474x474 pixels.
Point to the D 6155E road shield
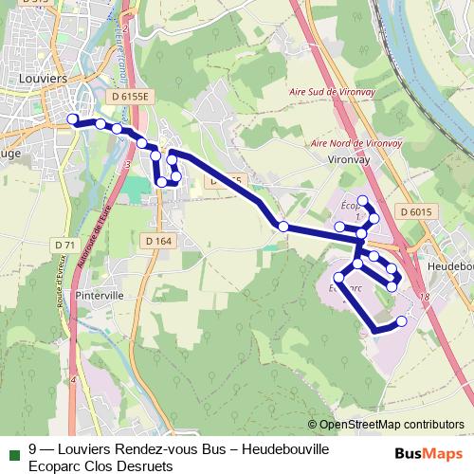point(131,97)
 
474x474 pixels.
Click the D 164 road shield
point(159,242)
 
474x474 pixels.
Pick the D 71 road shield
point(64,245)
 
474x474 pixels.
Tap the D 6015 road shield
point(415,212)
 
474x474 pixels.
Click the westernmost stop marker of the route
point(72,118)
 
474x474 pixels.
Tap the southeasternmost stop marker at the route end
point(401,321)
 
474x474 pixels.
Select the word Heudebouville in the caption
point(284,449)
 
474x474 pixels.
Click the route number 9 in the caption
point(34,449)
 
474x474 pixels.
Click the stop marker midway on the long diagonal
point(283,226)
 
